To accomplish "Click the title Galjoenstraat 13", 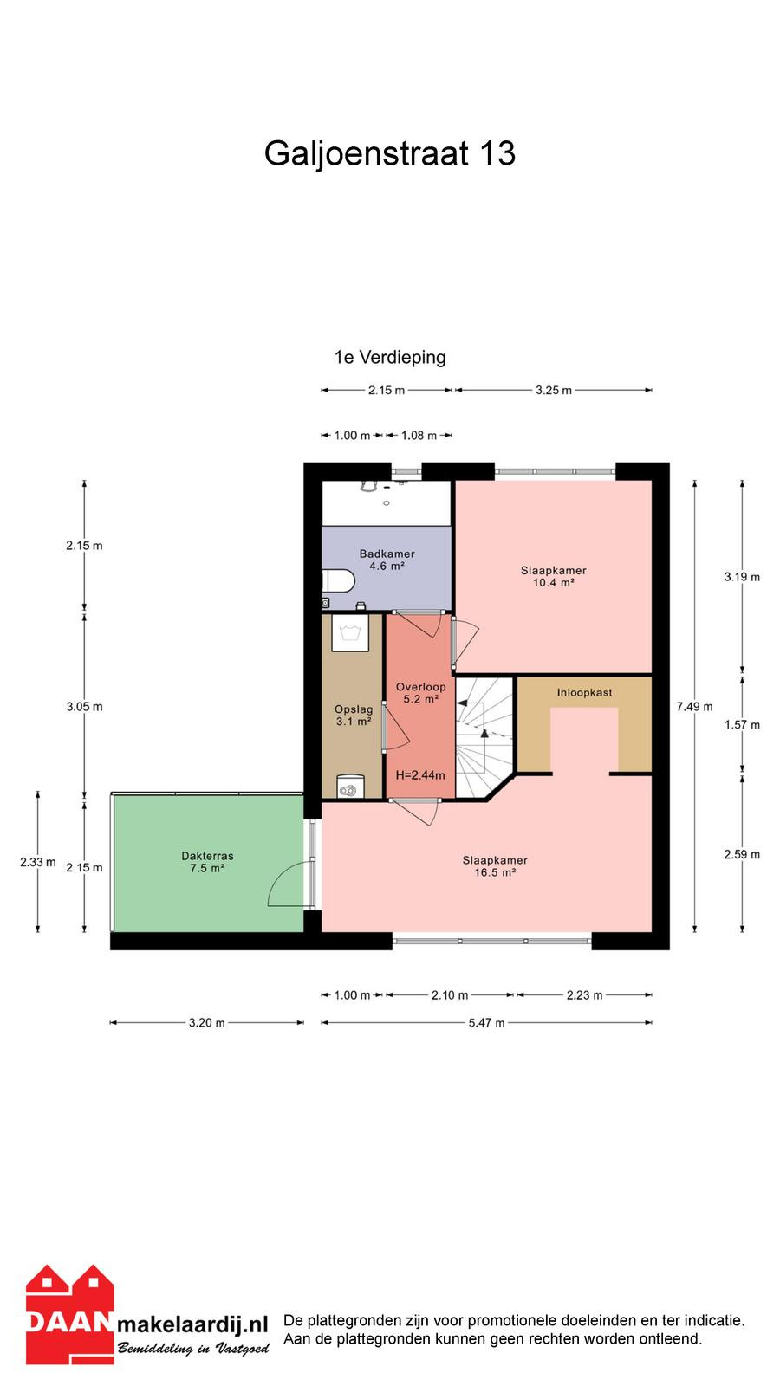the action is click(x=389, y=154).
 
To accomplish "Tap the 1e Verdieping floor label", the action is click(x=390, y=358).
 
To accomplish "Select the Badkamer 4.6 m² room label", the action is click(x=387, y=560).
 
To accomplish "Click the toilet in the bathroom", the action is click(x=338, y=581).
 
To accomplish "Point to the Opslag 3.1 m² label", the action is click(x=354, y=716).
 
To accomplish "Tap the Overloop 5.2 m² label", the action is click(x=421, y=693).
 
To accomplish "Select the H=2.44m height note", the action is click(x=420, y=775).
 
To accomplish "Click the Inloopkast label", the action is click(x=584, y=693).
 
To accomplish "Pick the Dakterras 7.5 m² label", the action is click(x=207, y=862).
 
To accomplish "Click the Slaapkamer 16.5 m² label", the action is click(x=495, y=866).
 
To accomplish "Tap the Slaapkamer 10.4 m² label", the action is click(x=554, y=577).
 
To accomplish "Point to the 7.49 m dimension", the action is click(x=694, y=707).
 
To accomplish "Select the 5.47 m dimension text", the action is click(x=486, y=1023).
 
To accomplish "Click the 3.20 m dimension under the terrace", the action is click(x=207, y=1023).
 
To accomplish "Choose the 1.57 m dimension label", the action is click(x=742, y=724).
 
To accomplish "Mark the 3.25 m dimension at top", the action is click(x=554, y=391).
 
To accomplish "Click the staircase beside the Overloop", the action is click(x=484, y=736).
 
